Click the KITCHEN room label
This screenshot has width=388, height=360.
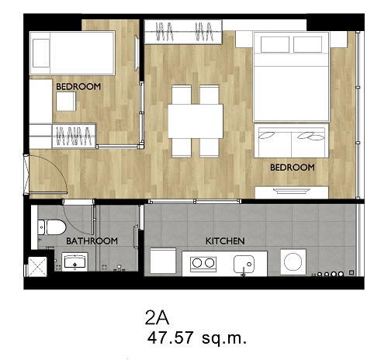[x=225, y=241]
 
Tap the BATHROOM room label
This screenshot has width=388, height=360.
[x=92, y=241]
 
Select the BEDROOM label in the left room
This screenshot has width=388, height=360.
[x=78, y=86]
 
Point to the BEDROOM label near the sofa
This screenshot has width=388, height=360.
[x=293, y=168]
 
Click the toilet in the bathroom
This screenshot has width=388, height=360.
[x=51, y=227]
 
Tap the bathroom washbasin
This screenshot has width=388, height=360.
[x=74, y=261]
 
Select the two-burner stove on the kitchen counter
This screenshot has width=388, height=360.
[x=203, y=264]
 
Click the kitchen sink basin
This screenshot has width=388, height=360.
[x=244, y=265]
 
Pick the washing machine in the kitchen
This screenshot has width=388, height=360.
[x=293, y=262]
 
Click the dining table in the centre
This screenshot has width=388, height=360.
[x=196, y=121]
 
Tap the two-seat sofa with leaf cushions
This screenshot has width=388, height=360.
[x=292, y=140]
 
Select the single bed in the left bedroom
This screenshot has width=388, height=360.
[x=72, y=53]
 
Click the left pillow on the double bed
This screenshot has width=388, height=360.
[x=275, y=44]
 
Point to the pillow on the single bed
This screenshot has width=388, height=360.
[x=41, y=54]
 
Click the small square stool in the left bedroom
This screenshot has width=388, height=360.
[x=66, y=102]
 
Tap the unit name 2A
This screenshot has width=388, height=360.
[x=157, y=317]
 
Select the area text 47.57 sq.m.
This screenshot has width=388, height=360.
[x=196, y=337]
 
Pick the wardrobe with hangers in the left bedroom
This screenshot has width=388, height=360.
[x=74, y=136]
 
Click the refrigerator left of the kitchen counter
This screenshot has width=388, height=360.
[x=163, y=261]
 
